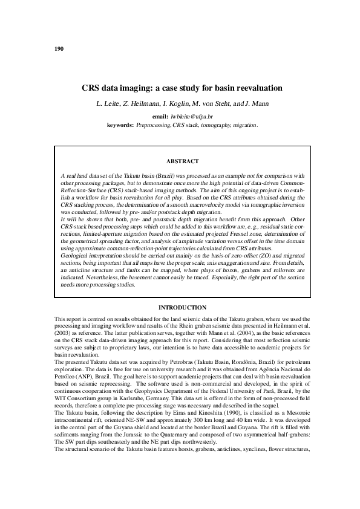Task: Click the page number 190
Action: coord(59,48)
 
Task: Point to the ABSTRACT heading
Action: coord(182,161)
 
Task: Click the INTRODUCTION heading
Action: coord(182,308)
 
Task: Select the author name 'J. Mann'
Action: coord(254,104)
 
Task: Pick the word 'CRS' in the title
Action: coord(91,88)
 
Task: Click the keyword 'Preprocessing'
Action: coord(154,125)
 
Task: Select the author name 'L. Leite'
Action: coord(110,104)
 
